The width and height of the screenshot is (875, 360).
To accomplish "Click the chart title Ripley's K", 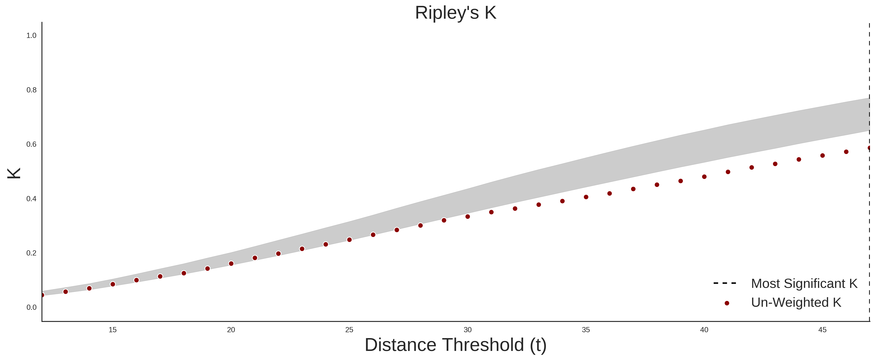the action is [x=455, y=13].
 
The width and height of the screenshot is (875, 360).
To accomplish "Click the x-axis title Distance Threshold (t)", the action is [x=455, y=345].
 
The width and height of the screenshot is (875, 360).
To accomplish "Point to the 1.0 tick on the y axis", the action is [x=31, y=36].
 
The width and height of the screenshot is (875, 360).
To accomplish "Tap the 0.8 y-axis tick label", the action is [x=31, y=90].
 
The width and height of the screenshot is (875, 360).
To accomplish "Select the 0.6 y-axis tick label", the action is [x=31, y=144].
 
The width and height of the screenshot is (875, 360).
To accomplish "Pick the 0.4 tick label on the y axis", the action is [x=31, y=199].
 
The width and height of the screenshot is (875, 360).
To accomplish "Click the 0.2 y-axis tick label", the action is [x=31, y=253].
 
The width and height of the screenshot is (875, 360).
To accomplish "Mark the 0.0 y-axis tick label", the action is [x=31, y=307].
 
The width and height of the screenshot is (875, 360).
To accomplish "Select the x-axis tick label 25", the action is [x=349, y=330].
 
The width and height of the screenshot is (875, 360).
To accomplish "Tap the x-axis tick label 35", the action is [x=586, y=330].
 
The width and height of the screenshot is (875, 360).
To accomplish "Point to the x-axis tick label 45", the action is [x=822, y=330].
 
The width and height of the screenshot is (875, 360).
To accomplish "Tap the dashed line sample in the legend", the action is [x=725, y=283].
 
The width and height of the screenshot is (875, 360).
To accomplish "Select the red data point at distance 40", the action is [x=704, y=177].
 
